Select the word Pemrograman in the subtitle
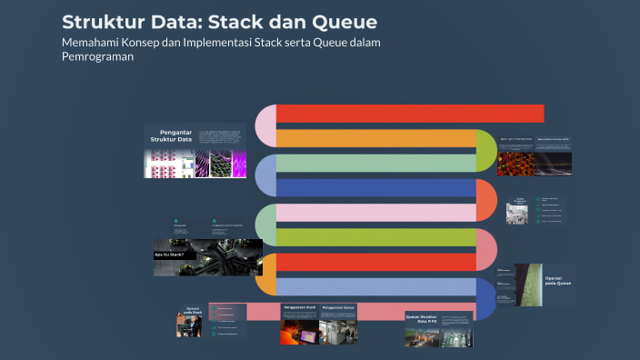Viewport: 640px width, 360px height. (98, 56)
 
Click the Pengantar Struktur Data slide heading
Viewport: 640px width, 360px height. (171, 135)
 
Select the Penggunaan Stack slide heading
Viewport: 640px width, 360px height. (299, 308)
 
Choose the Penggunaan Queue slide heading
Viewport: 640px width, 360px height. (337, 308)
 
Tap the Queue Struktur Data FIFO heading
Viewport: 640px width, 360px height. (421, 319)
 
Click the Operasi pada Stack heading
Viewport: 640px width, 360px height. (192, 311)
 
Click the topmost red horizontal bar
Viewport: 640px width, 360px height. (409, 114)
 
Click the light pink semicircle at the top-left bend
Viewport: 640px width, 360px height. (265, 125)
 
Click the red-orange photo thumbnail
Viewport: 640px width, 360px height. (515, 163)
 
